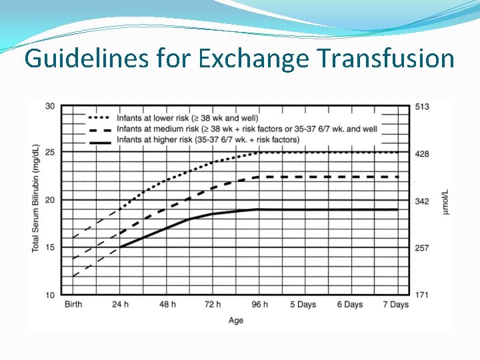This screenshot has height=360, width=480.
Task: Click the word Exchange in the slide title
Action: pyautogui.click(x=253, y=59)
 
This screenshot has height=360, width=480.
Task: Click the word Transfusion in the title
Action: pyautogui.click(x=385, y=59)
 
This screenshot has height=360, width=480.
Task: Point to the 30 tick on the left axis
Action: pyautogui.click(x=50, y=106)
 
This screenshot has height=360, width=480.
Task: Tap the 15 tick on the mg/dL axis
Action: pyautogui.click(x=50, y=247)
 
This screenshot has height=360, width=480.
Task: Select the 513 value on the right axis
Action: pyautogui.click(x=421, y=107)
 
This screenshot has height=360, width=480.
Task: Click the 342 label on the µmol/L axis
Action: pyautogui.click(x=421, y=201)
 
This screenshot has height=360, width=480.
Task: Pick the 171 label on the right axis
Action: pyautogui.click(x=421, y=295)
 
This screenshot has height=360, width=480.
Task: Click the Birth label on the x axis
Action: pyautogui.click(x=73, y=305)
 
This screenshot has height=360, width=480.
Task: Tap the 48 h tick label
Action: pyautogui.click(x=167, y=305)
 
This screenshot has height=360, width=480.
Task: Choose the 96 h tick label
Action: pyautogui.click(x=259, y=305)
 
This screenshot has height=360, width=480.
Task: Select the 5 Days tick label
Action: pyautogui.click(x=303, y=305)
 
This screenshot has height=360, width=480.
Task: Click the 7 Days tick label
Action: pyautogui.click(x=395, y=305)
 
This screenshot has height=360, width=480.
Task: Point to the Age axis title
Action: pyautogui.click(x=236, y=321)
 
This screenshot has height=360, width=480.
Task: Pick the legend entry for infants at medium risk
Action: pyautogui.click(x=247, y=129)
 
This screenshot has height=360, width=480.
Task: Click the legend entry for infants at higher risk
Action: pyautogui.click(x=207, y=139)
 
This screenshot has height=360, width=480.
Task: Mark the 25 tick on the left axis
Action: pyautogui.click(x=50, y=153)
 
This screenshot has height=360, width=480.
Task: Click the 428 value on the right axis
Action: pyautogui.click(x=421, y=154)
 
